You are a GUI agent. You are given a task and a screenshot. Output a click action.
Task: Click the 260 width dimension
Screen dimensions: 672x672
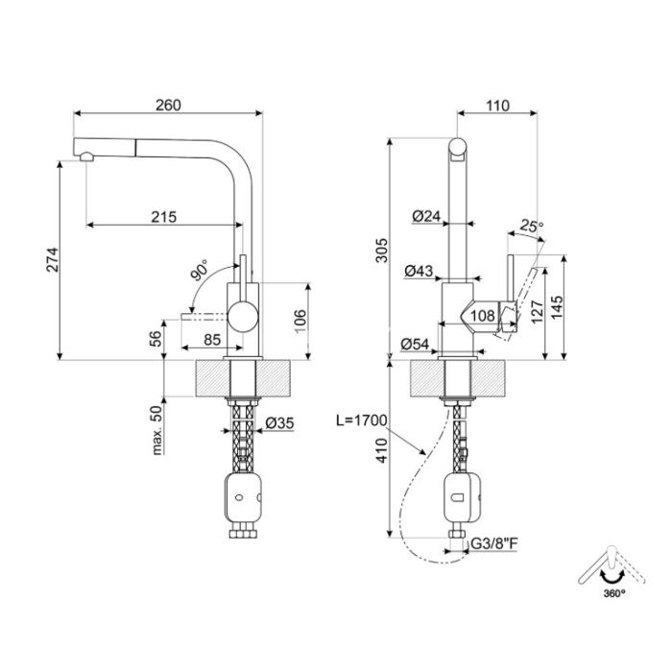pyautogui.click(x=168, y=106)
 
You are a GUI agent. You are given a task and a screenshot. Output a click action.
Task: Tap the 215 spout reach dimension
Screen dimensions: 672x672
pyautogui.click(x=164, y=217)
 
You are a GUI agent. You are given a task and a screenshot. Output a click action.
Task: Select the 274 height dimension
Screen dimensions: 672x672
pyautogui.click(x=53, y=259)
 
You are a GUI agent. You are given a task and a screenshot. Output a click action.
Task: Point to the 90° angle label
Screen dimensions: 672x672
pyautogui.click(x=200, y=270)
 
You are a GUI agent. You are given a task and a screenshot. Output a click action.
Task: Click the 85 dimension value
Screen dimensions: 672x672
pyautogui.click(x=212, y=340)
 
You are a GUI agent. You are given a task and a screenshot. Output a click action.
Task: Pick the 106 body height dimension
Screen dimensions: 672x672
pyautogui.click(x=300, y=321)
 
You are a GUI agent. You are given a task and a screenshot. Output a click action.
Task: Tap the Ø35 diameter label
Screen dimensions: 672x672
pyautogui.click(x=280, y=423)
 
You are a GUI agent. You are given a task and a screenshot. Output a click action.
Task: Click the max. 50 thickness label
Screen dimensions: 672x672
pyautogui.click(x=157, y=429)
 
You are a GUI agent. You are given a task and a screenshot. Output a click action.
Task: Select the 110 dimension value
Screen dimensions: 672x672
pyautogui.click(x=497, y=106)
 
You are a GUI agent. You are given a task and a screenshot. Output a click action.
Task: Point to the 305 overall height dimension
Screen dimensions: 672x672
pyautogui.click(x=381, y=250)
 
